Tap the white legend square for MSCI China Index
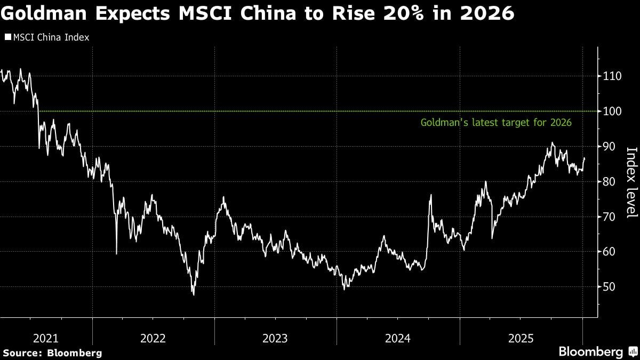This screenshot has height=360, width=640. [x=8, y=37]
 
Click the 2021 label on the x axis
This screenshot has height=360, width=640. [x=46, y=338]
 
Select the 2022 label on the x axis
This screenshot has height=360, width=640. [x=154, y=338]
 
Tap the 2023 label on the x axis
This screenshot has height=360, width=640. [x=275, y=338]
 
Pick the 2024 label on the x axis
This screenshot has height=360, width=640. [x=397, y=338]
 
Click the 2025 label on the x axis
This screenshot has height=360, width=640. [x=521, y=338]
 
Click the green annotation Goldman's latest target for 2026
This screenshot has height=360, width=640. [x=496, y=123]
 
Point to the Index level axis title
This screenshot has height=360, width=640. [x=630, y=182]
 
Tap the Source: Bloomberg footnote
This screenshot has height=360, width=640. [x=52, y=353]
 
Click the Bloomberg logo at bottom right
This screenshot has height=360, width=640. [x=597, y=352]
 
